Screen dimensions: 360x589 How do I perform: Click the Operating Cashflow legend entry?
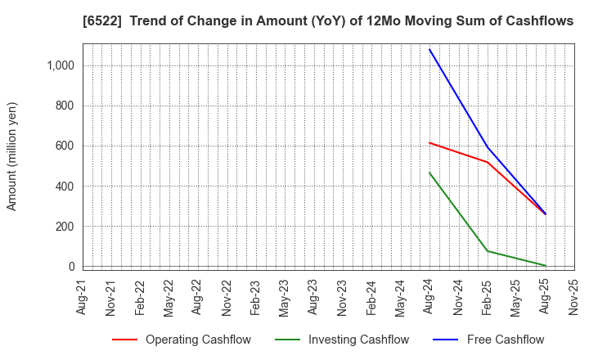click(x=198, y=340)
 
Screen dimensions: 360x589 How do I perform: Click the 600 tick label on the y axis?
click(x=65, y=146)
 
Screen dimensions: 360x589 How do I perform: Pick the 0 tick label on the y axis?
click(x=71, y=267)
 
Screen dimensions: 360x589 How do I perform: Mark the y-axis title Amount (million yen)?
click(x=12, y=156)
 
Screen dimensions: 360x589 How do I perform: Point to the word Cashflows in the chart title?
click(x=540, y=22)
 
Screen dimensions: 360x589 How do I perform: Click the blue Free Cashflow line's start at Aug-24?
click(x=429, y=49)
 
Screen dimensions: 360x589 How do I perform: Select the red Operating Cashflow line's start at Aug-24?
click(x=429, y=142)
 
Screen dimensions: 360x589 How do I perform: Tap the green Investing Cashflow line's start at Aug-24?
click(x=429, y=173)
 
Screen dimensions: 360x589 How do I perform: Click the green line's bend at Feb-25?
click(x=488, y=251)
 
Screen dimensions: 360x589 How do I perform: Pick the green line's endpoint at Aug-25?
click(x=546, y=266)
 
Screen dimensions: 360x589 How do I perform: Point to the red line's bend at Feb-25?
click(x=488, y=162)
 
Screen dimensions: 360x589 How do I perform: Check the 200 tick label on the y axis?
click(x=65, y=227)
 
